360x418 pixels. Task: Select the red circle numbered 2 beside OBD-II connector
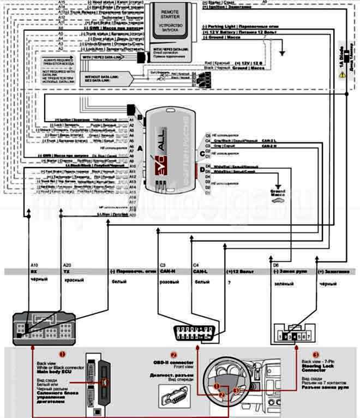click(x=174, y=354)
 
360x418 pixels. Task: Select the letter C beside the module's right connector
click(x=201, y=153)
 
